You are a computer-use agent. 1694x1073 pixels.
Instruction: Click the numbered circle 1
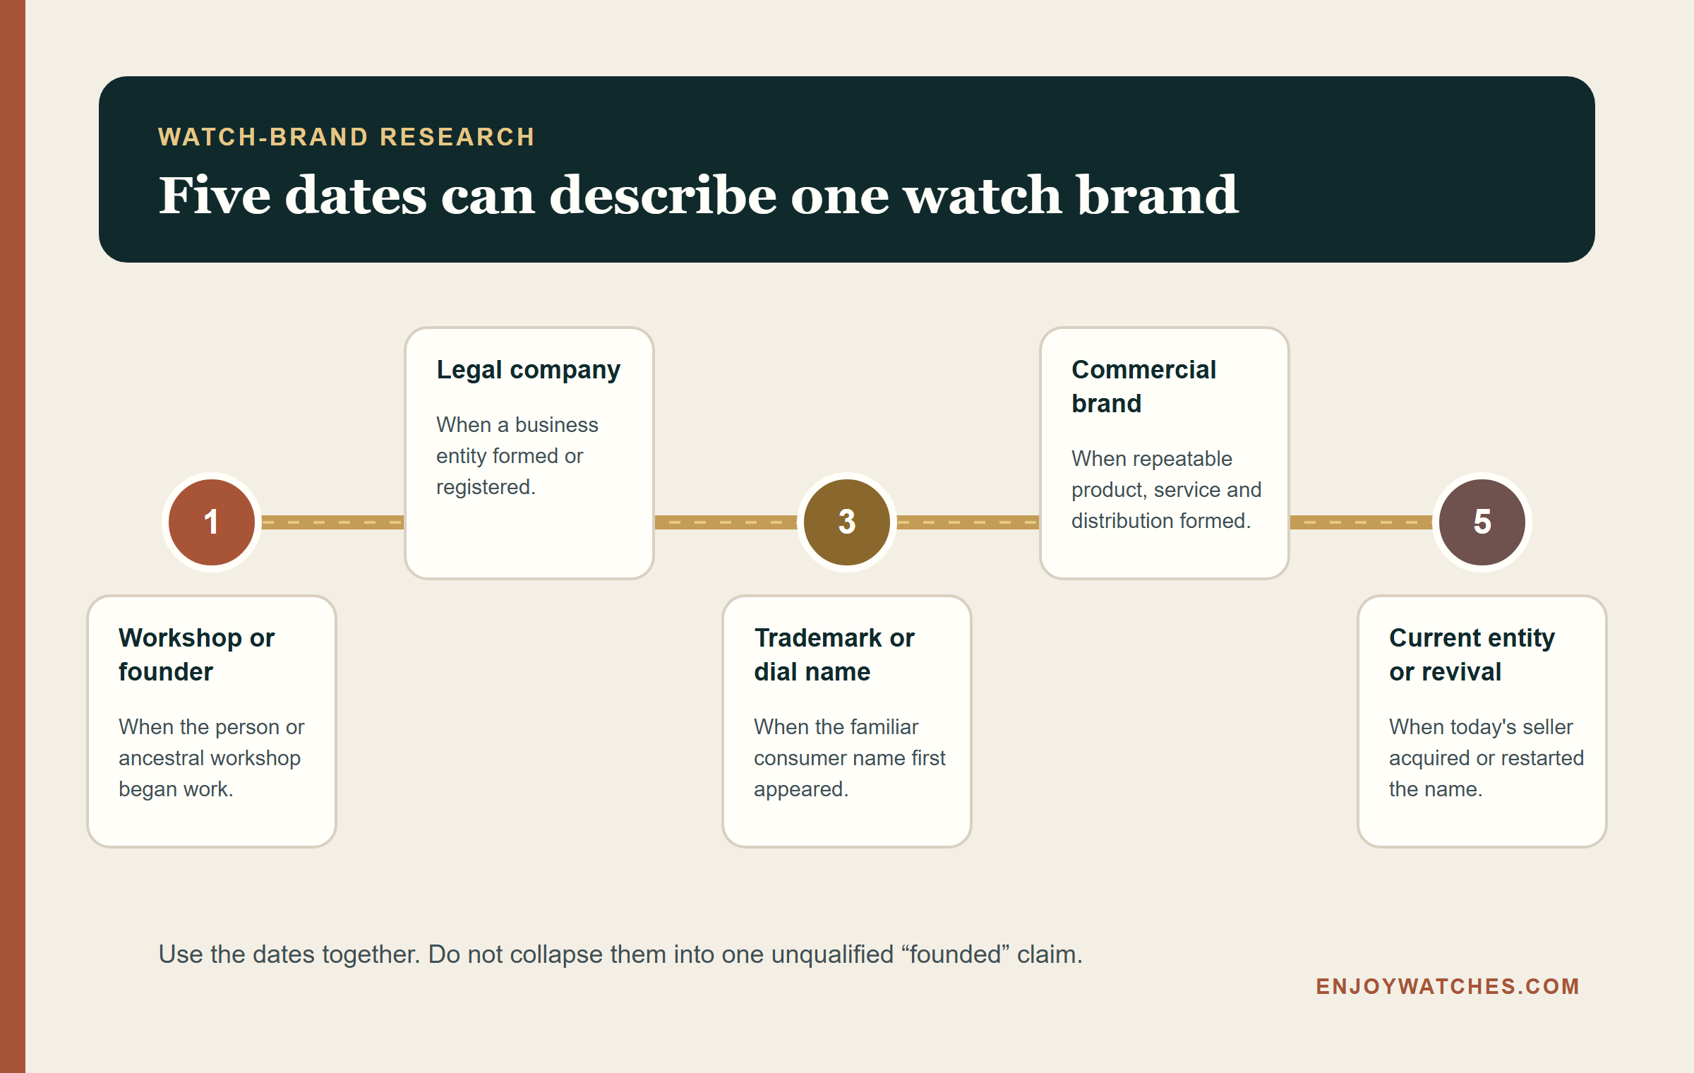[x=212, y=522]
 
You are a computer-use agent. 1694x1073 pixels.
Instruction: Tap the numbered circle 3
[x=847, y=522]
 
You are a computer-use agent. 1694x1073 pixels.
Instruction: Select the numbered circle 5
[x=1482, y=522]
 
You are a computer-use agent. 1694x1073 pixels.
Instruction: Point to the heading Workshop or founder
[x=196, y=654]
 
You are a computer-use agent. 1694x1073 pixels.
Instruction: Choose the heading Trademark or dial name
[x=834, y=654]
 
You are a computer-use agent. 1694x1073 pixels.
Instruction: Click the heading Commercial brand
[x=1143, y=386]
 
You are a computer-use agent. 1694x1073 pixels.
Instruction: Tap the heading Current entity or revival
[x=1472, y=654]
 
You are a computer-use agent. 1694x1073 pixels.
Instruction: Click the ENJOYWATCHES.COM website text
[x=1448, y=986]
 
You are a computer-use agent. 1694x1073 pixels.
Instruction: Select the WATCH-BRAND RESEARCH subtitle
[x=347, y=136]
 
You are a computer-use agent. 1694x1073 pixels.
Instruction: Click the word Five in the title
[x=215, y=195]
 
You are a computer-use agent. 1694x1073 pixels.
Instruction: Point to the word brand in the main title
[x=1158, y=195]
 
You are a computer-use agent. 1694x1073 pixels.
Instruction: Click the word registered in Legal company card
[x=486, y=487]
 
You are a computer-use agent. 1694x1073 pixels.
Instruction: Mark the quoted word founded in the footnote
[x=956, y=954]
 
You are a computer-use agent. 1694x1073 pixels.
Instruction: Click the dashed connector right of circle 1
[x=332, y=522]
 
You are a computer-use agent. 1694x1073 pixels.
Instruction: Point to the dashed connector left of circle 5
[x=1361, y=522]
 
